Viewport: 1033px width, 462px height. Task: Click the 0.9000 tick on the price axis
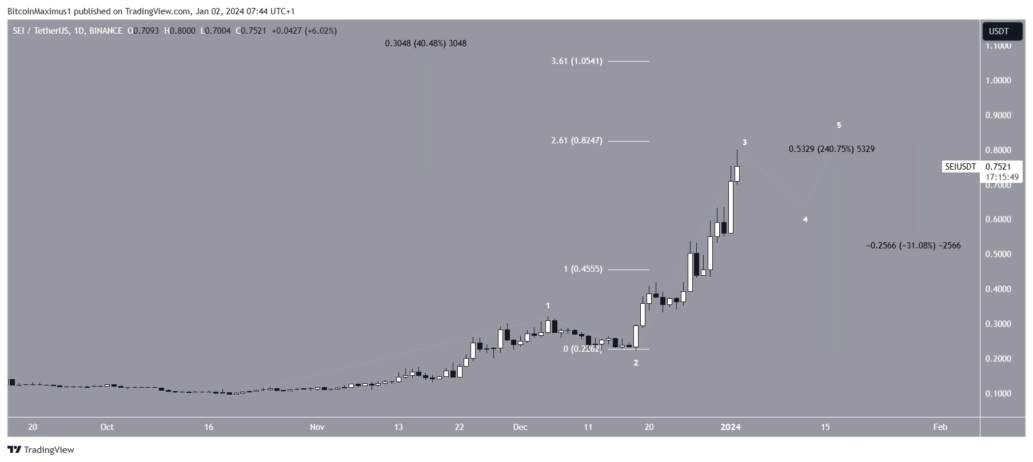998,115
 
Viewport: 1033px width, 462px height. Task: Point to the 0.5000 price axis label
998,254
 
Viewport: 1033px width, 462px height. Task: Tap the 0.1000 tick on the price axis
998,393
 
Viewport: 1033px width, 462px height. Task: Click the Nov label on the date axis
317,427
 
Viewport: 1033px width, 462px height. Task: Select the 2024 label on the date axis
731,427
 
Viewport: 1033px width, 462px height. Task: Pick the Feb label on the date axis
940,427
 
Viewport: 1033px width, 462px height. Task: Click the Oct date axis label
107,427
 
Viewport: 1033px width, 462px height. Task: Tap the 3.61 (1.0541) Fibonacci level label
577,61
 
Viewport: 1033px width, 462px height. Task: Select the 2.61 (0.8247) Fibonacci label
577,140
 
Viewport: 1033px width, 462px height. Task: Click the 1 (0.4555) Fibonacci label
583,269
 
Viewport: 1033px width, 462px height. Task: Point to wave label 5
839,125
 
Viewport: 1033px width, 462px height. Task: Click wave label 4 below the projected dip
805,219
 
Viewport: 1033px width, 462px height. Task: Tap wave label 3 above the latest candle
744,142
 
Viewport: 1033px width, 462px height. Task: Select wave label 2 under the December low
636,363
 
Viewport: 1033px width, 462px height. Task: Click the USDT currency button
1002,31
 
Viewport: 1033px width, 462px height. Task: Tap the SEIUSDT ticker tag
960,167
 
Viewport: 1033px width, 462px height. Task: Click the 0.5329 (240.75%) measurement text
831,149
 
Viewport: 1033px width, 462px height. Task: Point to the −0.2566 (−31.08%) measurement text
914,246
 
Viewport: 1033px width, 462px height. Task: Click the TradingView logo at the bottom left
41,450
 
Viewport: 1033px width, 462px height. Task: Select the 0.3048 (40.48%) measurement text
425,43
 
